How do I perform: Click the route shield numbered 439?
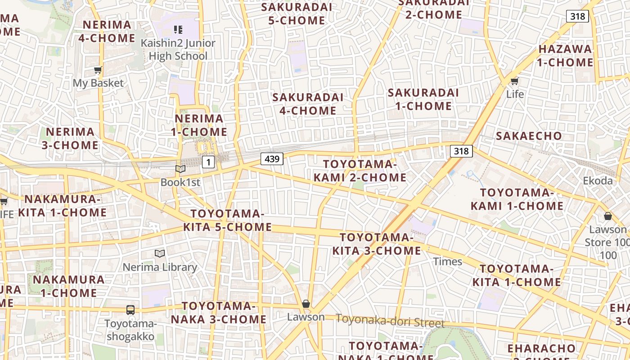[272, 158]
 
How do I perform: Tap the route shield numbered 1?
[208, 162]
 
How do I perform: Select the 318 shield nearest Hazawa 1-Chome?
[577, 17]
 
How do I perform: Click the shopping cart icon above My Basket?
[98, 70]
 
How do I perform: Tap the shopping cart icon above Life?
[514, 81]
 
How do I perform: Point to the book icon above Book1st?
[180, 169]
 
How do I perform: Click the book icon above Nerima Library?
[160, 254]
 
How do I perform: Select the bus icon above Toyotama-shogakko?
[130, 310]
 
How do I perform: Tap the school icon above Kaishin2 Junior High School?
[178, 30]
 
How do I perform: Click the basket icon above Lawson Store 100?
[608, 216]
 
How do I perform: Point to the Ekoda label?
[598, 181]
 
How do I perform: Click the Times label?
[447, 261]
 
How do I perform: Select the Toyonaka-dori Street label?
[390, 321]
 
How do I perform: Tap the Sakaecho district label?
[529, 136]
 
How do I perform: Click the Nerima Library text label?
[160, 267]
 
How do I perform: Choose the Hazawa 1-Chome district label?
[565, 55]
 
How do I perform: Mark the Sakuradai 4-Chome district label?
[308, 103]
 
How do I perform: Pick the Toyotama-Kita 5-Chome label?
[227, 220]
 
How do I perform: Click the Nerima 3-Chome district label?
[70, 138]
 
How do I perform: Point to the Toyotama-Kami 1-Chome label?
[517, 199]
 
